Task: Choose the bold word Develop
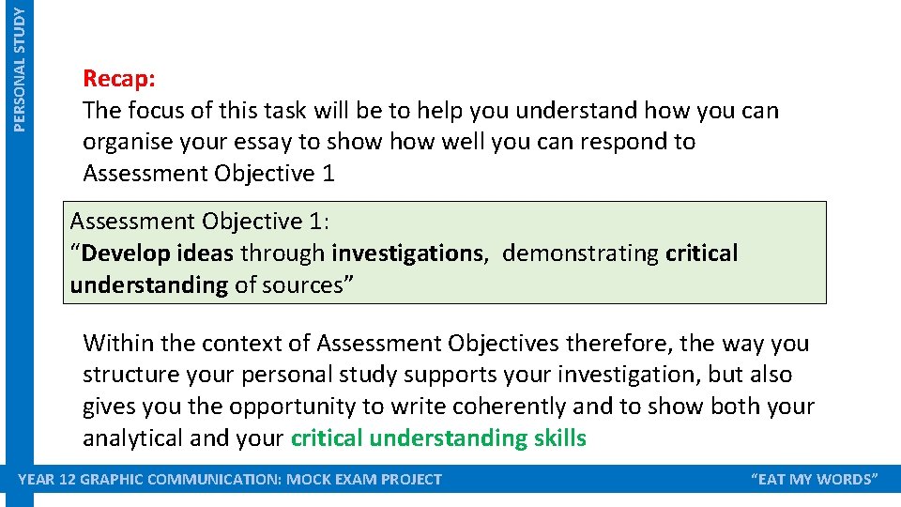[127, 253]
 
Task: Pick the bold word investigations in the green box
[405, 253]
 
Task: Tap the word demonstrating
[581, 253]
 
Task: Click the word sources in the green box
[303, 285]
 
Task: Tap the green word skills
[558, 438]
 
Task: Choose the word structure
[127, 376]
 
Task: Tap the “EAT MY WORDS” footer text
[815, 480]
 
